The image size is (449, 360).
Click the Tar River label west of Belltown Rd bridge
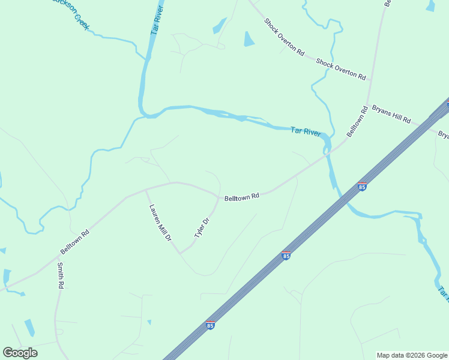(306, 131)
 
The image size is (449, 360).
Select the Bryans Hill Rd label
(391, 114)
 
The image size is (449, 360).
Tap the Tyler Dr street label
(202, 230)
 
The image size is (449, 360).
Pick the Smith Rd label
(60, 275)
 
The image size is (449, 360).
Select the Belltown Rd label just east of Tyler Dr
(241, 197)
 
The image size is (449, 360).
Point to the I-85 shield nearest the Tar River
(362, 187)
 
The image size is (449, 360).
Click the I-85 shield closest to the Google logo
(210, 325)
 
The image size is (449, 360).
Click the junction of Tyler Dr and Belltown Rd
(218, 196)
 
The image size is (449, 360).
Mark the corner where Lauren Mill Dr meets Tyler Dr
(181, 253)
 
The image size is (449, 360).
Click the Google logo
(20, 353)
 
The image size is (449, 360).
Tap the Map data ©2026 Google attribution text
(412, 355)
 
